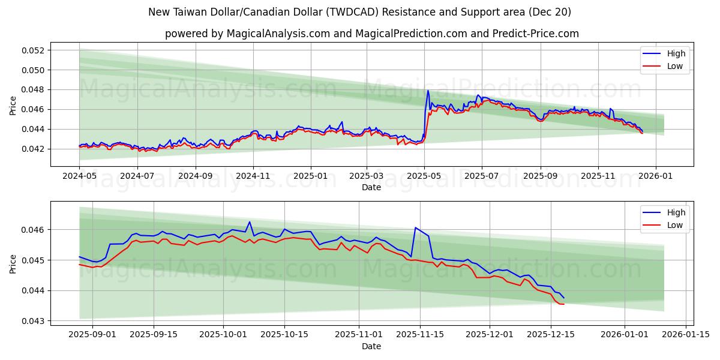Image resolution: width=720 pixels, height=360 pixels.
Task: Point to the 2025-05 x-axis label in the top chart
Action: (x=424, y=176)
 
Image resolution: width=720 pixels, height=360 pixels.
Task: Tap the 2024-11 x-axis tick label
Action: (x=253, y=176)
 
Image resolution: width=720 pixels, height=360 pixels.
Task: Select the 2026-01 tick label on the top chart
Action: (x=655, y=176)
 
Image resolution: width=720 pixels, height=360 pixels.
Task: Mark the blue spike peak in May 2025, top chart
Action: (x=428, y=91)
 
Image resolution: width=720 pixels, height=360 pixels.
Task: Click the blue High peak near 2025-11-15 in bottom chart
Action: (x=415, y=227)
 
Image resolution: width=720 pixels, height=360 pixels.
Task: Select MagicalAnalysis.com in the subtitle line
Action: (x=278, y=34)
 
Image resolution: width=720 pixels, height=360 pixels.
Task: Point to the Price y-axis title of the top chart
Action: (x=13, y=105)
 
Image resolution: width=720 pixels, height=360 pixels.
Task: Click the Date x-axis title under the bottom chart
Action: (x=371, y=346)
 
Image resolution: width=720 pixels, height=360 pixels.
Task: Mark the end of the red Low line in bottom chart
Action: (x=564, y=304)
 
